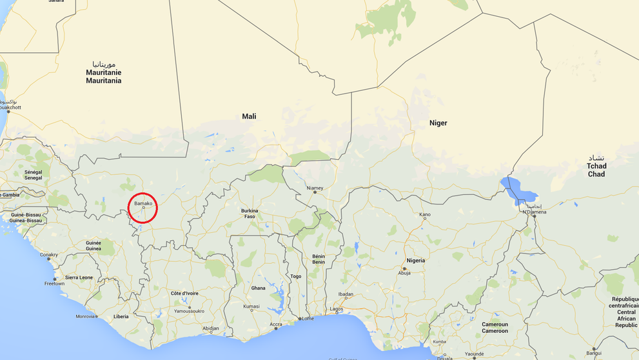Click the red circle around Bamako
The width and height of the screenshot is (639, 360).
(x=143, y=208)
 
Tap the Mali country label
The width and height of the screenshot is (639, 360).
(x=249, y=116)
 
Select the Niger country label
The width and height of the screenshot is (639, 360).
(x=438, y=123)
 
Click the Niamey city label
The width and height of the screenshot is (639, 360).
(x=315, y=188)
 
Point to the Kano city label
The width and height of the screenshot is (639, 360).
(x=425, y=214)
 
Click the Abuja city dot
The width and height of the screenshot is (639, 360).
(x=404, y=268)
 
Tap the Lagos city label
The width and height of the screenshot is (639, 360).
(x=336, y=309)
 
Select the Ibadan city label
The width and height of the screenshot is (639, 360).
(x=346, y=294)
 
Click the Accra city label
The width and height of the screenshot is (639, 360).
(x=276, y=324)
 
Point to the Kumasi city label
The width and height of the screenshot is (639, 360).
(x=251, y=306)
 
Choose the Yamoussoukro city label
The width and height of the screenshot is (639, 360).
(x=190, y=310)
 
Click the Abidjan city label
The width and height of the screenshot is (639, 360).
(x=210, y=328)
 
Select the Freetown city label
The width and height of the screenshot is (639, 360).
(x=54, y=283)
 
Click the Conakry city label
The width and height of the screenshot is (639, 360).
(x=49, y=254)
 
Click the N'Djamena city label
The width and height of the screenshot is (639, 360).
(x=534, y=212)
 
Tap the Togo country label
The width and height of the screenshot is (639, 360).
(x=296, y=276)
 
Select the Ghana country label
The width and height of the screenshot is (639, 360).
(x=258, y=288)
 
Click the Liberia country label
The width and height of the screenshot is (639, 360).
(x=121, y=316)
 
